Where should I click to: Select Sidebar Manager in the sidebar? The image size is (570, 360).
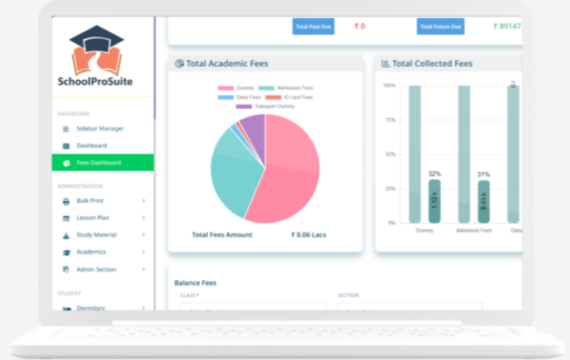click(100, 128)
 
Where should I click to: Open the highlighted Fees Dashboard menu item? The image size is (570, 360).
click(99, 162)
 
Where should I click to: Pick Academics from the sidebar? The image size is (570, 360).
click(92, 252)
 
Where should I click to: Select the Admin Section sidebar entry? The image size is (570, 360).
click(97, 269)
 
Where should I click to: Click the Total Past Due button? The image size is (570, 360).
click(313, 26)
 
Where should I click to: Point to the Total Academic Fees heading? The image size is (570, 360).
click(227, 64)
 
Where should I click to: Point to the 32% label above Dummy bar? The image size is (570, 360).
click(434, 174)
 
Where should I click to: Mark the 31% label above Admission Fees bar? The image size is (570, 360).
click(484, 174)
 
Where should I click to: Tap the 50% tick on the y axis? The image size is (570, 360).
click(389, 154)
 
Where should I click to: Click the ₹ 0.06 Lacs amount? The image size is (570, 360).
click(308, 234)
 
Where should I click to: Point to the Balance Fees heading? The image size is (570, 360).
click(197, 282)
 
